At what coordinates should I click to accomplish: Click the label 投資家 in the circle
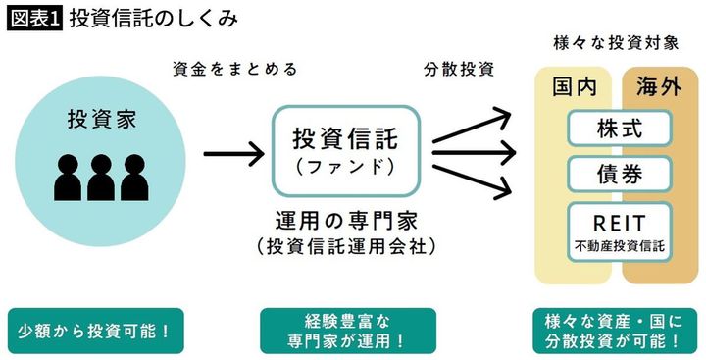(101, 120)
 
